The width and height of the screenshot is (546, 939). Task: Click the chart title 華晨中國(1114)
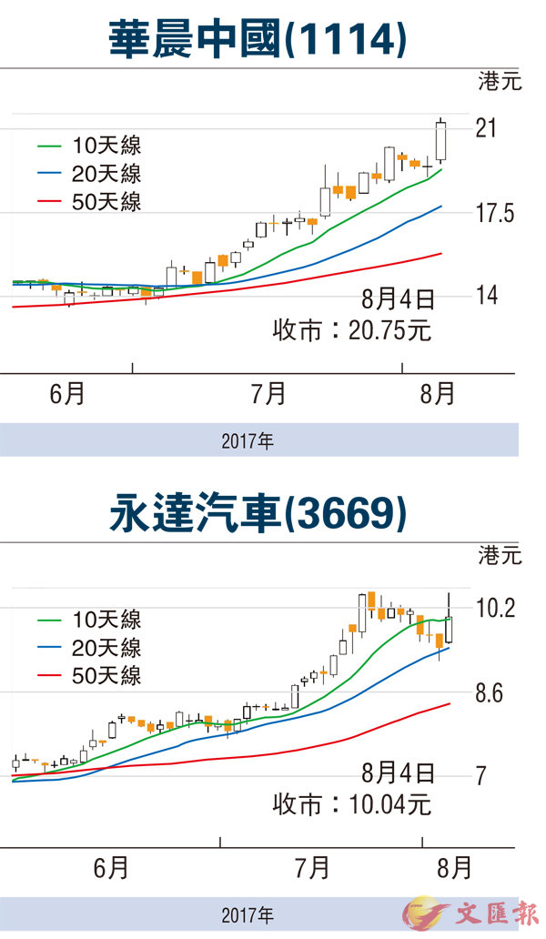257,39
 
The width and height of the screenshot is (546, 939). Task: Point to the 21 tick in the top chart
486,129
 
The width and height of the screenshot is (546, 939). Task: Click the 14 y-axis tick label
486,296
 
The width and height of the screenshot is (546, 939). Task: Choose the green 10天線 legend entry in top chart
89,146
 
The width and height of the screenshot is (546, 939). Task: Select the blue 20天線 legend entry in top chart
89,174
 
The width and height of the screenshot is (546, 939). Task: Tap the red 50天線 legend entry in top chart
89,202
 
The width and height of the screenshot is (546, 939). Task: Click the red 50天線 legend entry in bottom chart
89,676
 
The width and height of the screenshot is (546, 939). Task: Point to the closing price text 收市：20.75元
352,329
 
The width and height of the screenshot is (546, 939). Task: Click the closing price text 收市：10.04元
352,803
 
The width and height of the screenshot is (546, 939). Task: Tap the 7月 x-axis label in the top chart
268,394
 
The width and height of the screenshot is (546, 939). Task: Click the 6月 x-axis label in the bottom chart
111,867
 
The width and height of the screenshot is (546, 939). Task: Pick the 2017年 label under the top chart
247,442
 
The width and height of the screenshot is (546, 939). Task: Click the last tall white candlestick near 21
441,141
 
